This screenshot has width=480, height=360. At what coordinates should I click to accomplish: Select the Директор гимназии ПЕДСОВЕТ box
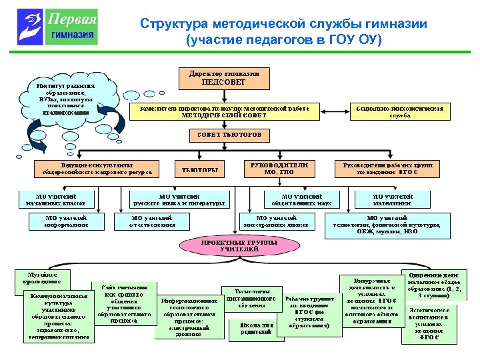pos(224,77)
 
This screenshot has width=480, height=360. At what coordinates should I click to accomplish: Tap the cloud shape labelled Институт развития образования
pos(67,100)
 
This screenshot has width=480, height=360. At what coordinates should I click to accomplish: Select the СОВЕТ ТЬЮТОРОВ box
pos(230,135)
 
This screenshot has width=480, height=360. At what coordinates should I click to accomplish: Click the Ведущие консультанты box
pos(97,168)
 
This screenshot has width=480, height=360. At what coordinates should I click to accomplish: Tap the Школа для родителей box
pos(256,327)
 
